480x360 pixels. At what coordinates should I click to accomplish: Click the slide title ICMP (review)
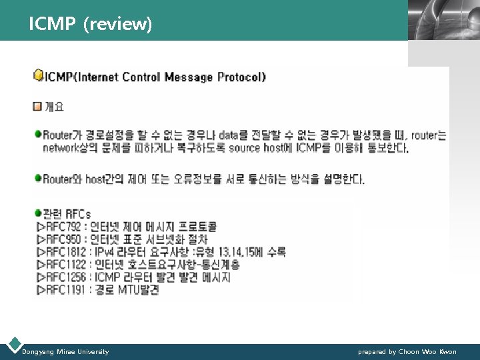tap(91, 25)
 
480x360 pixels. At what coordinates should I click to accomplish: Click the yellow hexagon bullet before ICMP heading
tap(39, 75)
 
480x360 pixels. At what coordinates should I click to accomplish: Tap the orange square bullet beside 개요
tap(38, 106)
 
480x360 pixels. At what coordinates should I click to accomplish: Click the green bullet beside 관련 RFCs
tap(38, 214)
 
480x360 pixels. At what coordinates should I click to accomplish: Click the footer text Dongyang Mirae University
tap(65, 351)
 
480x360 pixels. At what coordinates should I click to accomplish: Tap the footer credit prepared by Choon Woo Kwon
tap(407, 351)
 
